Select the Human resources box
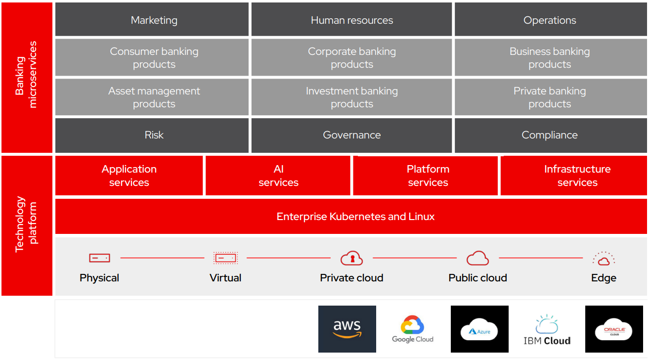[351, 20]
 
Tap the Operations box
[550, 20]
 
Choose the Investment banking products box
[351, 97]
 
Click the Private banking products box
[550, 97]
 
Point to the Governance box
[351, 135]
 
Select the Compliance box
[550, 135]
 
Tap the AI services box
[278, 176]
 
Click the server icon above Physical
[99, 258]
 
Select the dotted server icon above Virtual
[225, 258]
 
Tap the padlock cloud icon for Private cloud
[351, 258]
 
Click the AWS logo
[347, 329]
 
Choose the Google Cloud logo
[413, 329]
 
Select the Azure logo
[479, 329]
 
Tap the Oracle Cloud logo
[614, 329]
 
